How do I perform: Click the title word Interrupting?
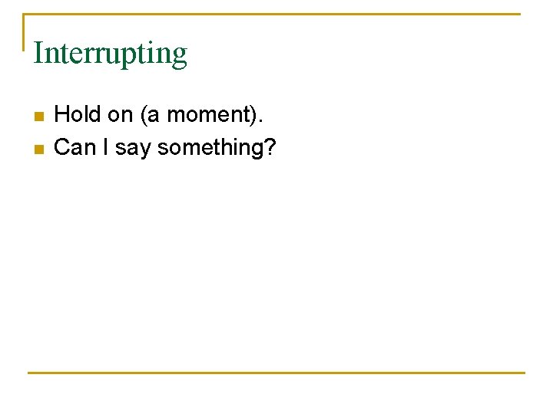coord(110,54)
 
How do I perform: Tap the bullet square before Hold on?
coord(38,117)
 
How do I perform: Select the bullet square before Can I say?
coord(38,149)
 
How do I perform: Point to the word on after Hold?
coord(121,115)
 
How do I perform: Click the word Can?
coord(74,146)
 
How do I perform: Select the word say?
coord(131,148)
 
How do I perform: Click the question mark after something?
coord(269,146)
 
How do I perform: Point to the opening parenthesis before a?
coord(143,116)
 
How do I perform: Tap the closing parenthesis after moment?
coord(257,116)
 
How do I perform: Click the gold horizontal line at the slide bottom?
coord(276,373)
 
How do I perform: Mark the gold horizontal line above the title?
coord(276,14)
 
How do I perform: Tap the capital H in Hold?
coord(61,115)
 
